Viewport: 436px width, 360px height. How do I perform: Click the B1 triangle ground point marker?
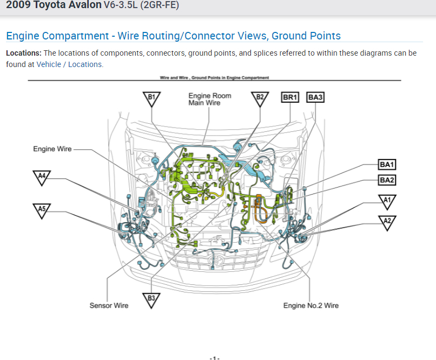click(152, 98)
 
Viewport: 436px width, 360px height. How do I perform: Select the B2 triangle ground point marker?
click(260, 98)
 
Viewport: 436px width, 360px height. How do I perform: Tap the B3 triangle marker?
click(151, 299)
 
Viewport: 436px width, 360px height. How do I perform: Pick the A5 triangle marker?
click(42, 209)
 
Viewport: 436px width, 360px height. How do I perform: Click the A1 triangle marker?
click(387, 202)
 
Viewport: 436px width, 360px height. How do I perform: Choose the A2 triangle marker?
click(387, 221)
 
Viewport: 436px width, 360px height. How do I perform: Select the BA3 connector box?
click(315, 97)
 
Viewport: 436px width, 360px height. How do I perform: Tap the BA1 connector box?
click(387, 165)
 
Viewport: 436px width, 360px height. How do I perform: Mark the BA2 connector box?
click(387, 180)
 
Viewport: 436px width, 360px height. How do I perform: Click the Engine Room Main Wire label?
click(209, 99)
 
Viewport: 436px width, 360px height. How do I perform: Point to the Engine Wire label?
click(52, 149)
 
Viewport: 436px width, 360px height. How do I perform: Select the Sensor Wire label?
click(109, 306)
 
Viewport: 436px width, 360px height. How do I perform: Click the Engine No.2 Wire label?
click(311, 306)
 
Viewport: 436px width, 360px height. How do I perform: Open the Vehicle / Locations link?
click(69, 64)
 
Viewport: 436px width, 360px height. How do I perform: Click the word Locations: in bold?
click(24, 53)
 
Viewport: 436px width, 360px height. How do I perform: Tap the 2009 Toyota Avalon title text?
click(53, 5)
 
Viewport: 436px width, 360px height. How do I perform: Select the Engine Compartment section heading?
click(173, 36)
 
